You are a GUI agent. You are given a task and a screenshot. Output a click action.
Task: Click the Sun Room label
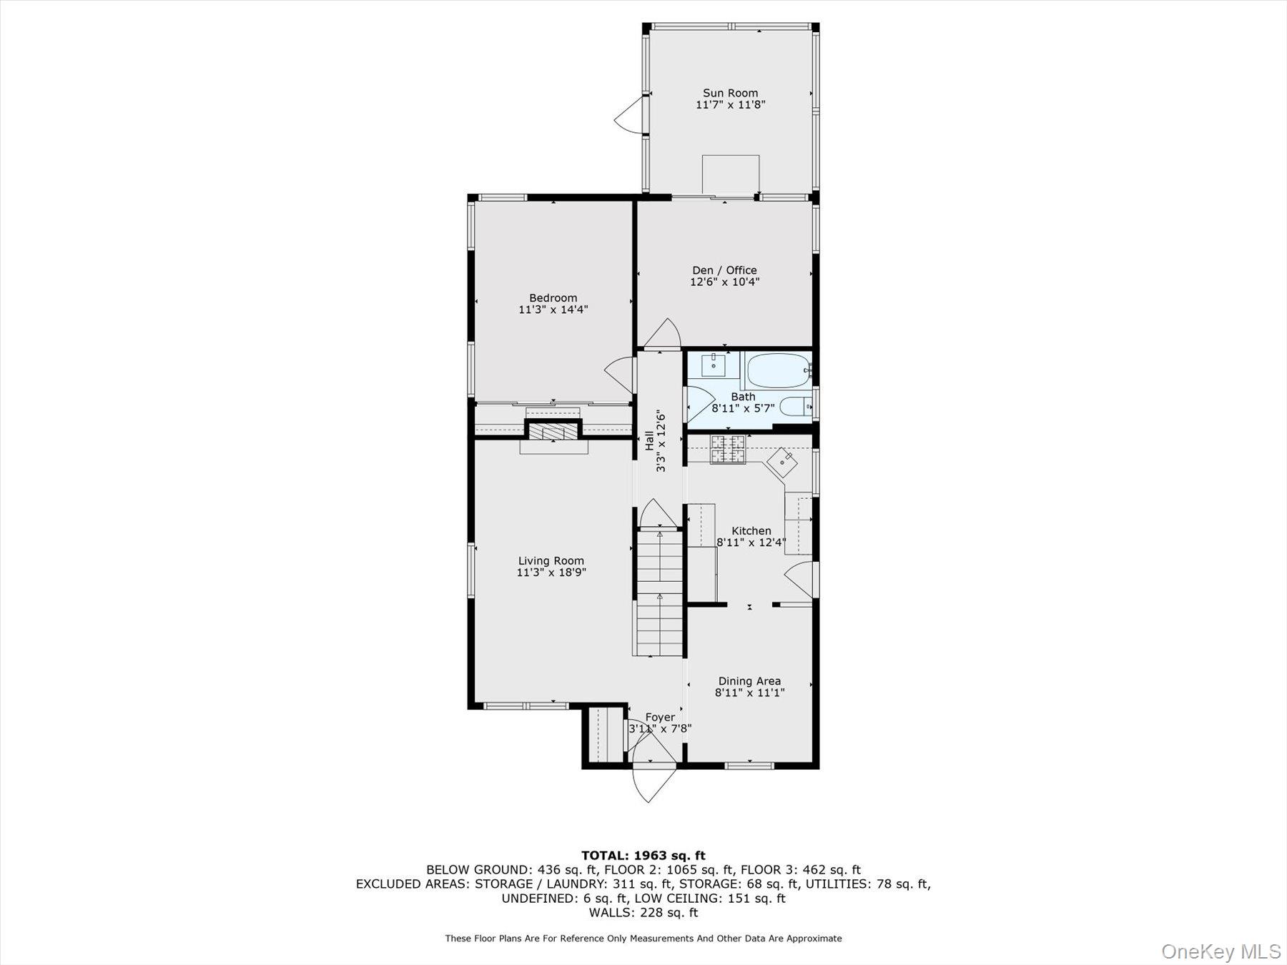click(730, 93)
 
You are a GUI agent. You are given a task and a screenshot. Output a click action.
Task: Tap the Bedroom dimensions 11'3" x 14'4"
click(553, 310)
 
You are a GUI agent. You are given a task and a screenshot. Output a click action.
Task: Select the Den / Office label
click(724, 270)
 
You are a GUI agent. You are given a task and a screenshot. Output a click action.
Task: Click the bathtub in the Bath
click(777, 370)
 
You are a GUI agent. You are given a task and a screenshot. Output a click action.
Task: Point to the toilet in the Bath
click(794, 407)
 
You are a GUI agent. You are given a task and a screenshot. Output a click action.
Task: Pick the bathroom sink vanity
click(713, 365)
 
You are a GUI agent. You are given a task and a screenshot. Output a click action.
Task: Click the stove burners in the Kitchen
click(727, 450)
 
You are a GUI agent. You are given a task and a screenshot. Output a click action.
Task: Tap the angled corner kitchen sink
click(783, 462)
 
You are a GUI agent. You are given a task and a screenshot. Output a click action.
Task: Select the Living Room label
click(551, 561)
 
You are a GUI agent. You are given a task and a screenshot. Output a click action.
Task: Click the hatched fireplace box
click(553, 432)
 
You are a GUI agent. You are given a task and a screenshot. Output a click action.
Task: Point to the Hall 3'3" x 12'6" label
click(655, 440)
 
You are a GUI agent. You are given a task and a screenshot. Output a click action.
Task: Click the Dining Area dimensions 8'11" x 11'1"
click(749, 693)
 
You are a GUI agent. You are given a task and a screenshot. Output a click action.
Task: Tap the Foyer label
click(659, 717)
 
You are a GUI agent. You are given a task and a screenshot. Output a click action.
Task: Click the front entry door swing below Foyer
click(652, 784)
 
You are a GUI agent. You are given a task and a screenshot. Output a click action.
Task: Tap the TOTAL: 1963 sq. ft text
click(643, 855)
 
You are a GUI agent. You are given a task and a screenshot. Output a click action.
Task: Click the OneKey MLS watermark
click(1221, 951)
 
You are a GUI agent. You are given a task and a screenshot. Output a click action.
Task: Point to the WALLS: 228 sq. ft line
click(643, 912)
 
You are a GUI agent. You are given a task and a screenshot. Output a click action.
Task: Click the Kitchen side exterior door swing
click(801, 578)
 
